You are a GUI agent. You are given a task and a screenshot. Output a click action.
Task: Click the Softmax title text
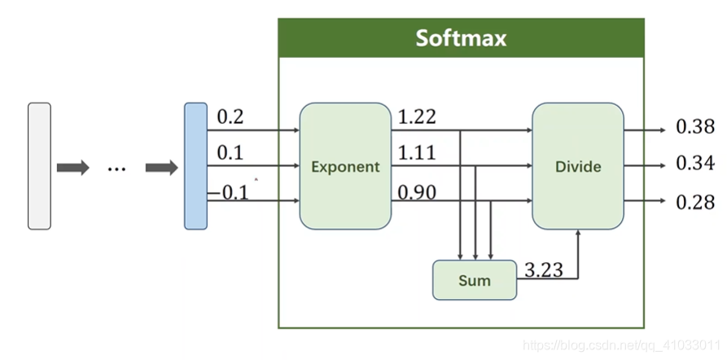[x=461, y=38]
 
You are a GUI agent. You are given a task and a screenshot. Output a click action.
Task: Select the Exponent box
[x=345, y=166]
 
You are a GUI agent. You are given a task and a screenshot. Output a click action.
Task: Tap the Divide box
[x=578, y=166]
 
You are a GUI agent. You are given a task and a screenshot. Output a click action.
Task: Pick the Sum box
[x=474, y=280]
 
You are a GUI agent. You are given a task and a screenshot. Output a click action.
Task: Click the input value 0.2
[x=230, y=117]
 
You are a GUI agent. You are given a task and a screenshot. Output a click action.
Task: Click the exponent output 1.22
[x=417, y=117]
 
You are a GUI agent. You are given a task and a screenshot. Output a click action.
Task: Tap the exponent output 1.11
[x=417, y=153]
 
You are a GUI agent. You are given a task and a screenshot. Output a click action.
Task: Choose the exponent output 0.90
[x=417, y=192]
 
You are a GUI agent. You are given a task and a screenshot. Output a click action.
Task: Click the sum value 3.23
[x=544, y=270]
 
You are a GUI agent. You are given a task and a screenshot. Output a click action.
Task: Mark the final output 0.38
[x=695, y=127]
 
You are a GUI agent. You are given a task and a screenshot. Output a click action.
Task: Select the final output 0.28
[x=695, y=202]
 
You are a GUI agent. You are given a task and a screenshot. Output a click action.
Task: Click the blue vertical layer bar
[x=195, y=166]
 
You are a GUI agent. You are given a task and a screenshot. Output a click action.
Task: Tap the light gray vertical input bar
[x=39, y=166]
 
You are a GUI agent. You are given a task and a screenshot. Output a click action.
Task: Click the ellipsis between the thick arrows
[x=116, y=169]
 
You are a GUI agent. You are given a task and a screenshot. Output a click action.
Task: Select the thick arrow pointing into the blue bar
[x=161, y=168]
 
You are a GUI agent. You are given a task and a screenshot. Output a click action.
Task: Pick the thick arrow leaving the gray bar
[x=72, y=168]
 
